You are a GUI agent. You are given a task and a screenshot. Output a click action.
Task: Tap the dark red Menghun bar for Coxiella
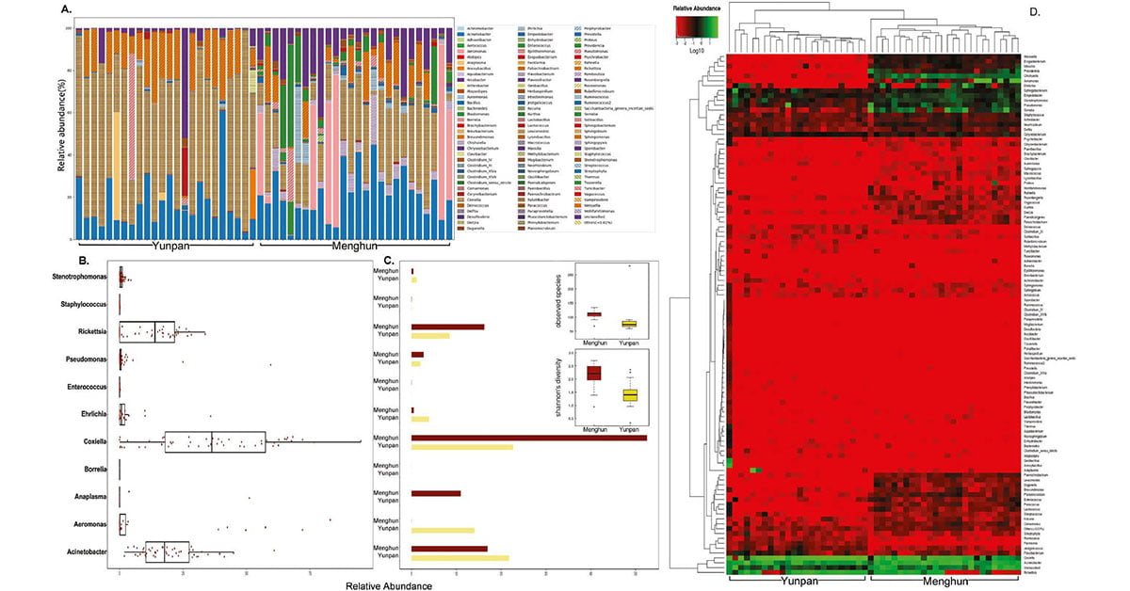tap(528, 438)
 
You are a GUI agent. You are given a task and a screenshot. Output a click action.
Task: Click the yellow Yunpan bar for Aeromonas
tap(443, 531)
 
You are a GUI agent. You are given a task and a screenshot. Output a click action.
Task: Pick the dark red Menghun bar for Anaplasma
tap(436, 493)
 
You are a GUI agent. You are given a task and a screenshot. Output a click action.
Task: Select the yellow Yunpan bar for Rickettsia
tap(430, 336)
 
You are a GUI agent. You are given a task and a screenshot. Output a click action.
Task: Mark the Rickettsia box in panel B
tap(146, 331)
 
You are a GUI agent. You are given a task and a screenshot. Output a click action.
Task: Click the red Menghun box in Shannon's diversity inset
tap(593, 374)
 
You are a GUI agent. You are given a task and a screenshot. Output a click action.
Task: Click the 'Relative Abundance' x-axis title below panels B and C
tap(386, 585)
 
